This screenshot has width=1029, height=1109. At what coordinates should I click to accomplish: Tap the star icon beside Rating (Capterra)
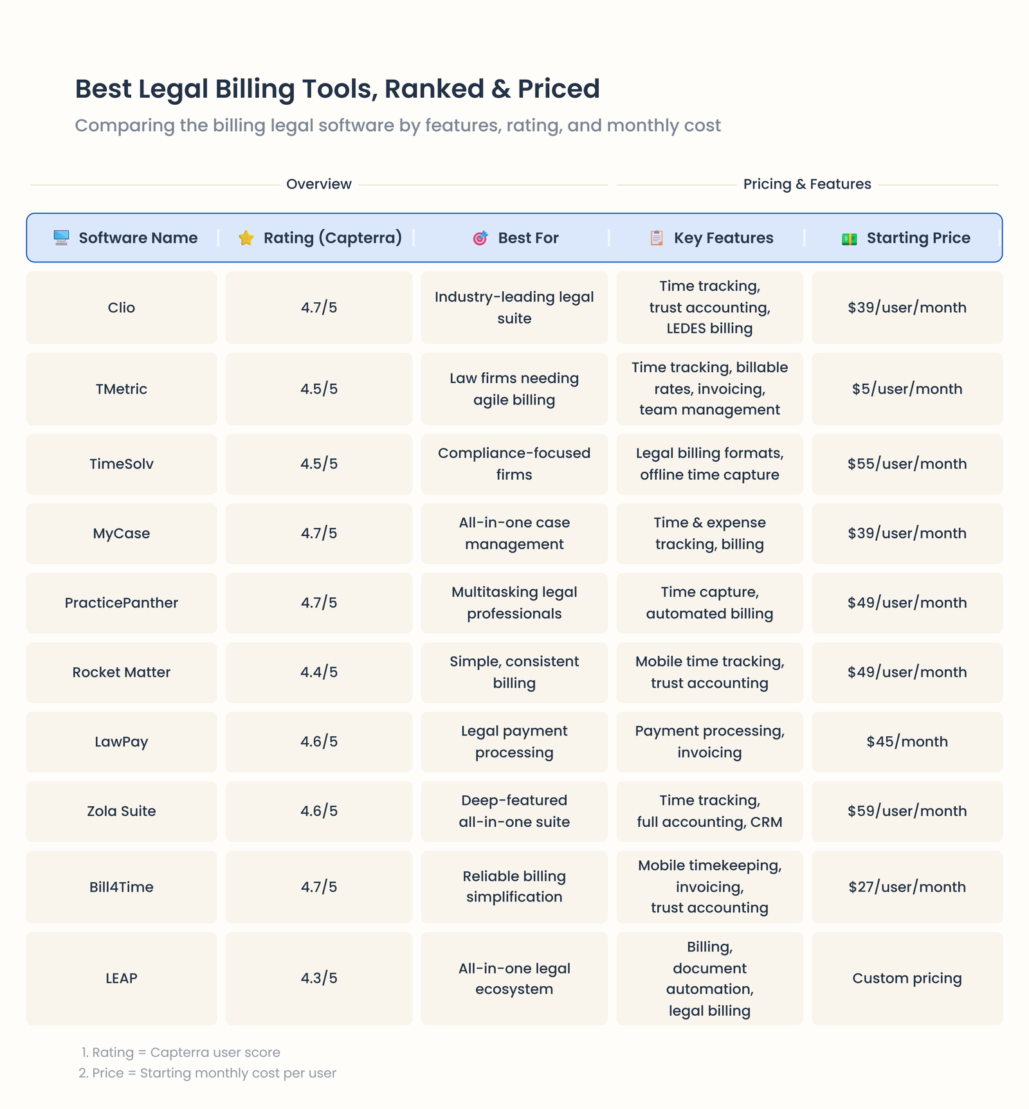tap(246, 238)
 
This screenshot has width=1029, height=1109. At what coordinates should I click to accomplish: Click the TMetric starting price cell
tap(907, 389)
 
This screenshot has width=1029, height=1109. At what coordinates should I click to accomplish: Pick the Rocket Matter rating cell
tap(319, 672)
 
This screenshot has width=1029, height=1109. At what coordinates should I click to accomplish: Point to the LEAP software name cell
tap(122, 978)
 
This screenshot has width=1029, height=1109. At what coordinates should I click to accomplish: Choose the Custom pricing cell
tap(907, 978)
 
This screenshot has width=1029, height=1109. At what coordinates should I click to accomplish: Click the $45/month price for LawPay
tap(907, 742)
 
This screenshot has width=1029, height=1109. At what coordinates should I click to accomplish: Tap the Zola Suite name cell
tap(122, 811)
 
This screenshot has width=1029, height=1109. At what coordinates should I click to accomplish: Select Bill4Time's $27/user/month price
tap(907, 887)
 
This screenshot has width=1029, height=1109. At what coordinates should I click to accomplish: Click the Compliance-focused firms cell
tap(514, 464)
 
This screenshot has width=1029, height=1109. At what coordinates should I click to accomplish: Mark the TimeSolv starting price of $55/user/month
tap(907, 464)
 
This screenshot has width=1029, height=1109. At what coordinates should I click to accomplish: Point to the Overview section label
tap(319, 185)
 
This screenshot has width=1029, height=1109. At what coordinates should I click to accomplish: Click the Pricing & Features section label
tap(807, 185)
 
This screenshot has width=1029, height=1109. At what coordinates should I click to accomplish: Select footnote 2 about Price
tap(208, 1073)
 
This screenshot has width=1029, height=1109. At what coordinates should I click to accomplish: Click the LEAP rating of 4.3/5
tap(319, 978)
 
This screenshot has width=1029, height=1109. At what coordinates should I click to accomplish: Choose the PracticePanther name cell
tap(122, 603)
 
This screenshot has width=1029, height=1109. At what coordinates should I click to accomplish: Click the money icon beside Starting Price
tap(849, 239)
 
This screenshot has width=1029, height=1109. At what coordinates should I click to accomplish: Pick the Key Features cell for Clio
tap(709, 307)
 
